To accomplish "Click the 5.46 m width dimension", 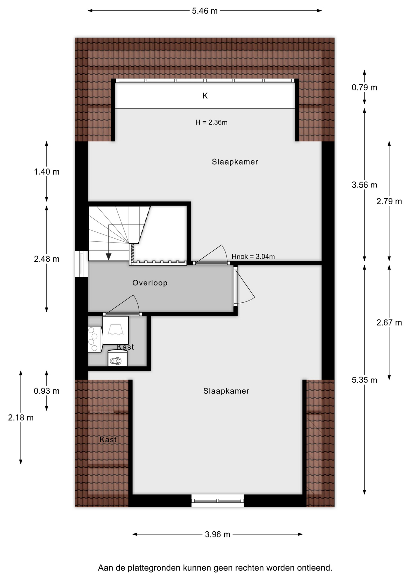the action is pyautogui.click(x=205, y=11).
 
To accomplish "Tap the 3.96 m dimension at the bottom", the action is pyautogui.click(x=217, y=534).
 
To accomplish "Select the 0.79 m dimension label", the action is pyautogui.click(x=364, y=88).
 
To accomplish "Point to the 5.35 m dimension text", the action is pyautogui.click(x=364, y=380).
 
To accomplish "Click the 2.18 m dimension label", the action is pyautogui.click(x=21, y=417).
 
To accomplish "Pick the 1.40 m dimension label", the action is pyautogui.click(x=47, y=172).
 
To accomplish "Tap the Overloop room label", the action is pyautogui.click(x=150, y=283).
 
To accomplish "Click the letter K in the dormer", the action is pyautogui.click(x=205, y=96).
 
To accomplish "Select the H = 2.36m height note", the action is pyautogui.click(x=211, y=122).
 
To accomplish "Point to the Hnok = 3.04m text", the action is pyautogui.click(x=253, y=256).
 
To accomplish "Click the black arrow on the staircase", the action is pyautogui.click(x=108, y=256).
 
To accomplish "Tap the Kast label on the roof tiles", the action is pyautogui.click(x=108, y=440).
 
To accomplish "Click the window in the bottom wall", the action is pyautogui.click(x=217, y=501).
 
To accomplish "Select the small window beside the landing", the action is pyautogui.click(x=81, y=264).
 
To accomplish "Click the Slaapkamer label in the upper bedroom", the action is pyautogui.click(x=235, y=162).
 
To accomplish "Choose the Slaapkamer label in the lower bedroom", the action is pyautogui.click(x=226, y=391).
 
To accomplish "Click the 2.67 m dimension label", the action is pyautogui.click(x=389, y=323).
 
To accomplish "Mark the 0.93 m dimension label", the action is pyautogui.click(x=47, y=391).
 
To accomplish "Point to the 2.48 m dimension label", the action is pyautogui.click(x=47, y=259).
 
